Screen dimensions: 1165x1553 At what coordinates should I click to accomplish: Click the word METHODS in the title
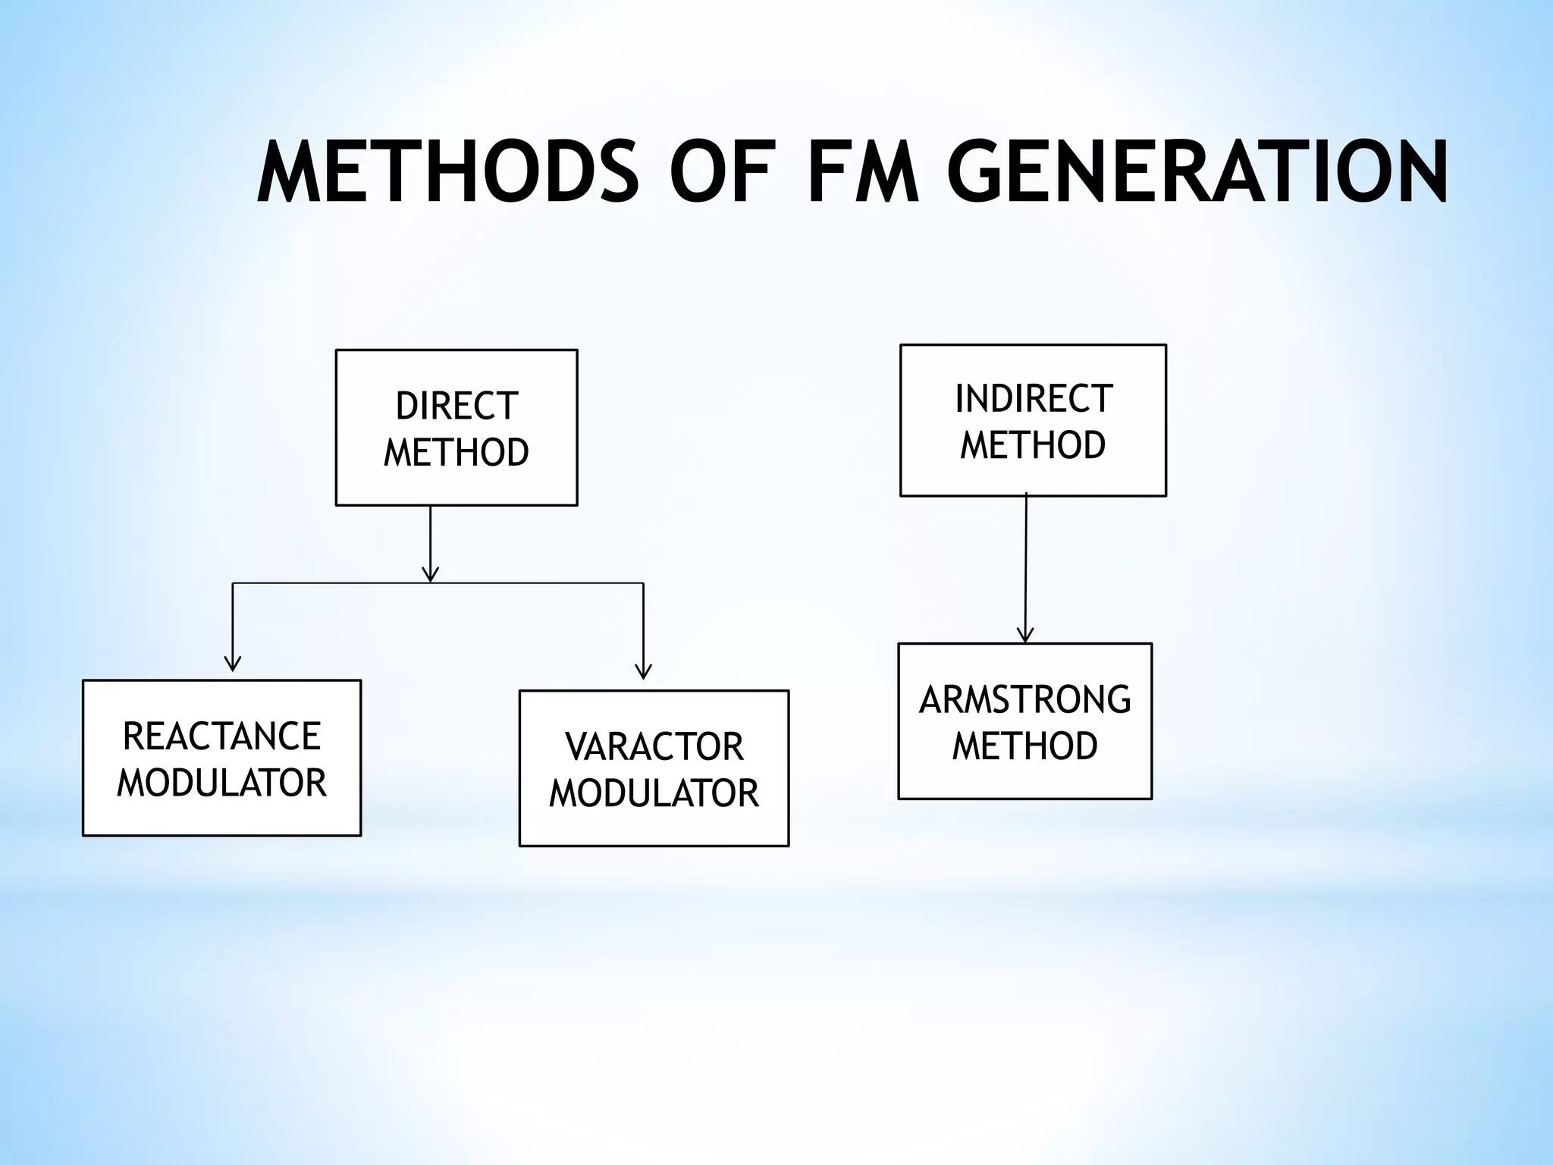pyautogui.click(x=447, y=174)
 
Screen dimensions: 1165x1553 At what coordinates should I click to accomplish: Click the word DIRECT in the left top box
pyautogui.click(x=456, y=407)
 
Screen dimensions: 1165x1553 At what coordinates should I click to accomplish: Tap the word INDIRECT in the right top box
pyautogui.click(x=1033, y=399)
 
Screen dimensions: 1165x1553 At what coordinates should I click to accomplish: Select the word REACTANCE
pyautogui.click(x=221, y=736)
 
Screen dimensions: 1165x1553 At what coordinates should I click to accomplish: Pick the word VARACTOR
pyautogui.click(x=654, y=747)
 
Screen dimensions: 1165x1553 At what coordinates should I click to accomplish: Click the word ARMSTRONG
pyautogui.click(x=1024, y=700)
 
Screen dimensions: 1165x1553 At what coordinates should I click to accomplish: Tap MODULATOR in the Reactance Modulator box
pyautogui.click(x=221, y=783)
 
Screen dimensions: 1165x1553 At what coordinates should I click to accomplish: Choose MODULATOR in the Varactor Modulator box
pyautogui.click(x=654, y=793)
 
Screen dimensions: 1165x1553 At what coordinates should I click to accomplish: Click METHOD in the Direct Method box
pyautogui.click(x=456, y=453)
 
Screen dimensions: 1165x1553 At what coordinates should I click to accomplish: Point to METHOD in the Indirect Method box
pyautogui.click(x=1033, y=445)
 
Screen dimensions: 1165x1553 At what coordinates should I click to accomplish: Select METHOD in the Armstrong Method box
pyautogui.click(x=1024, y=746)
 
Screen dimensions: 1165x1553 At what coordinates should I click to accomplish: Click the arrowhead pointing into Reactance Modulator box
pyautogui.click(x=233, y=664)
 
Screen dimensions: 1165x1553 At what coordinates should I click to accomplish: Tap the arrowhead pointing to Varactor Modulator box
pyautogui.click(x=643, y=672)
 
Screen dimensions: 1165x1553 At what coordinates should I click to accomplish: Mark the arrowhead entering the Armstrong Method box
pyautogui.click(x=1025, y=636)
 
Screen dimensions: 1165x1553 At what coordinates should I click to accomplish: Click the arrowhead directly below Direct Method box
pyautogui.click(x=430, y=574)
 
